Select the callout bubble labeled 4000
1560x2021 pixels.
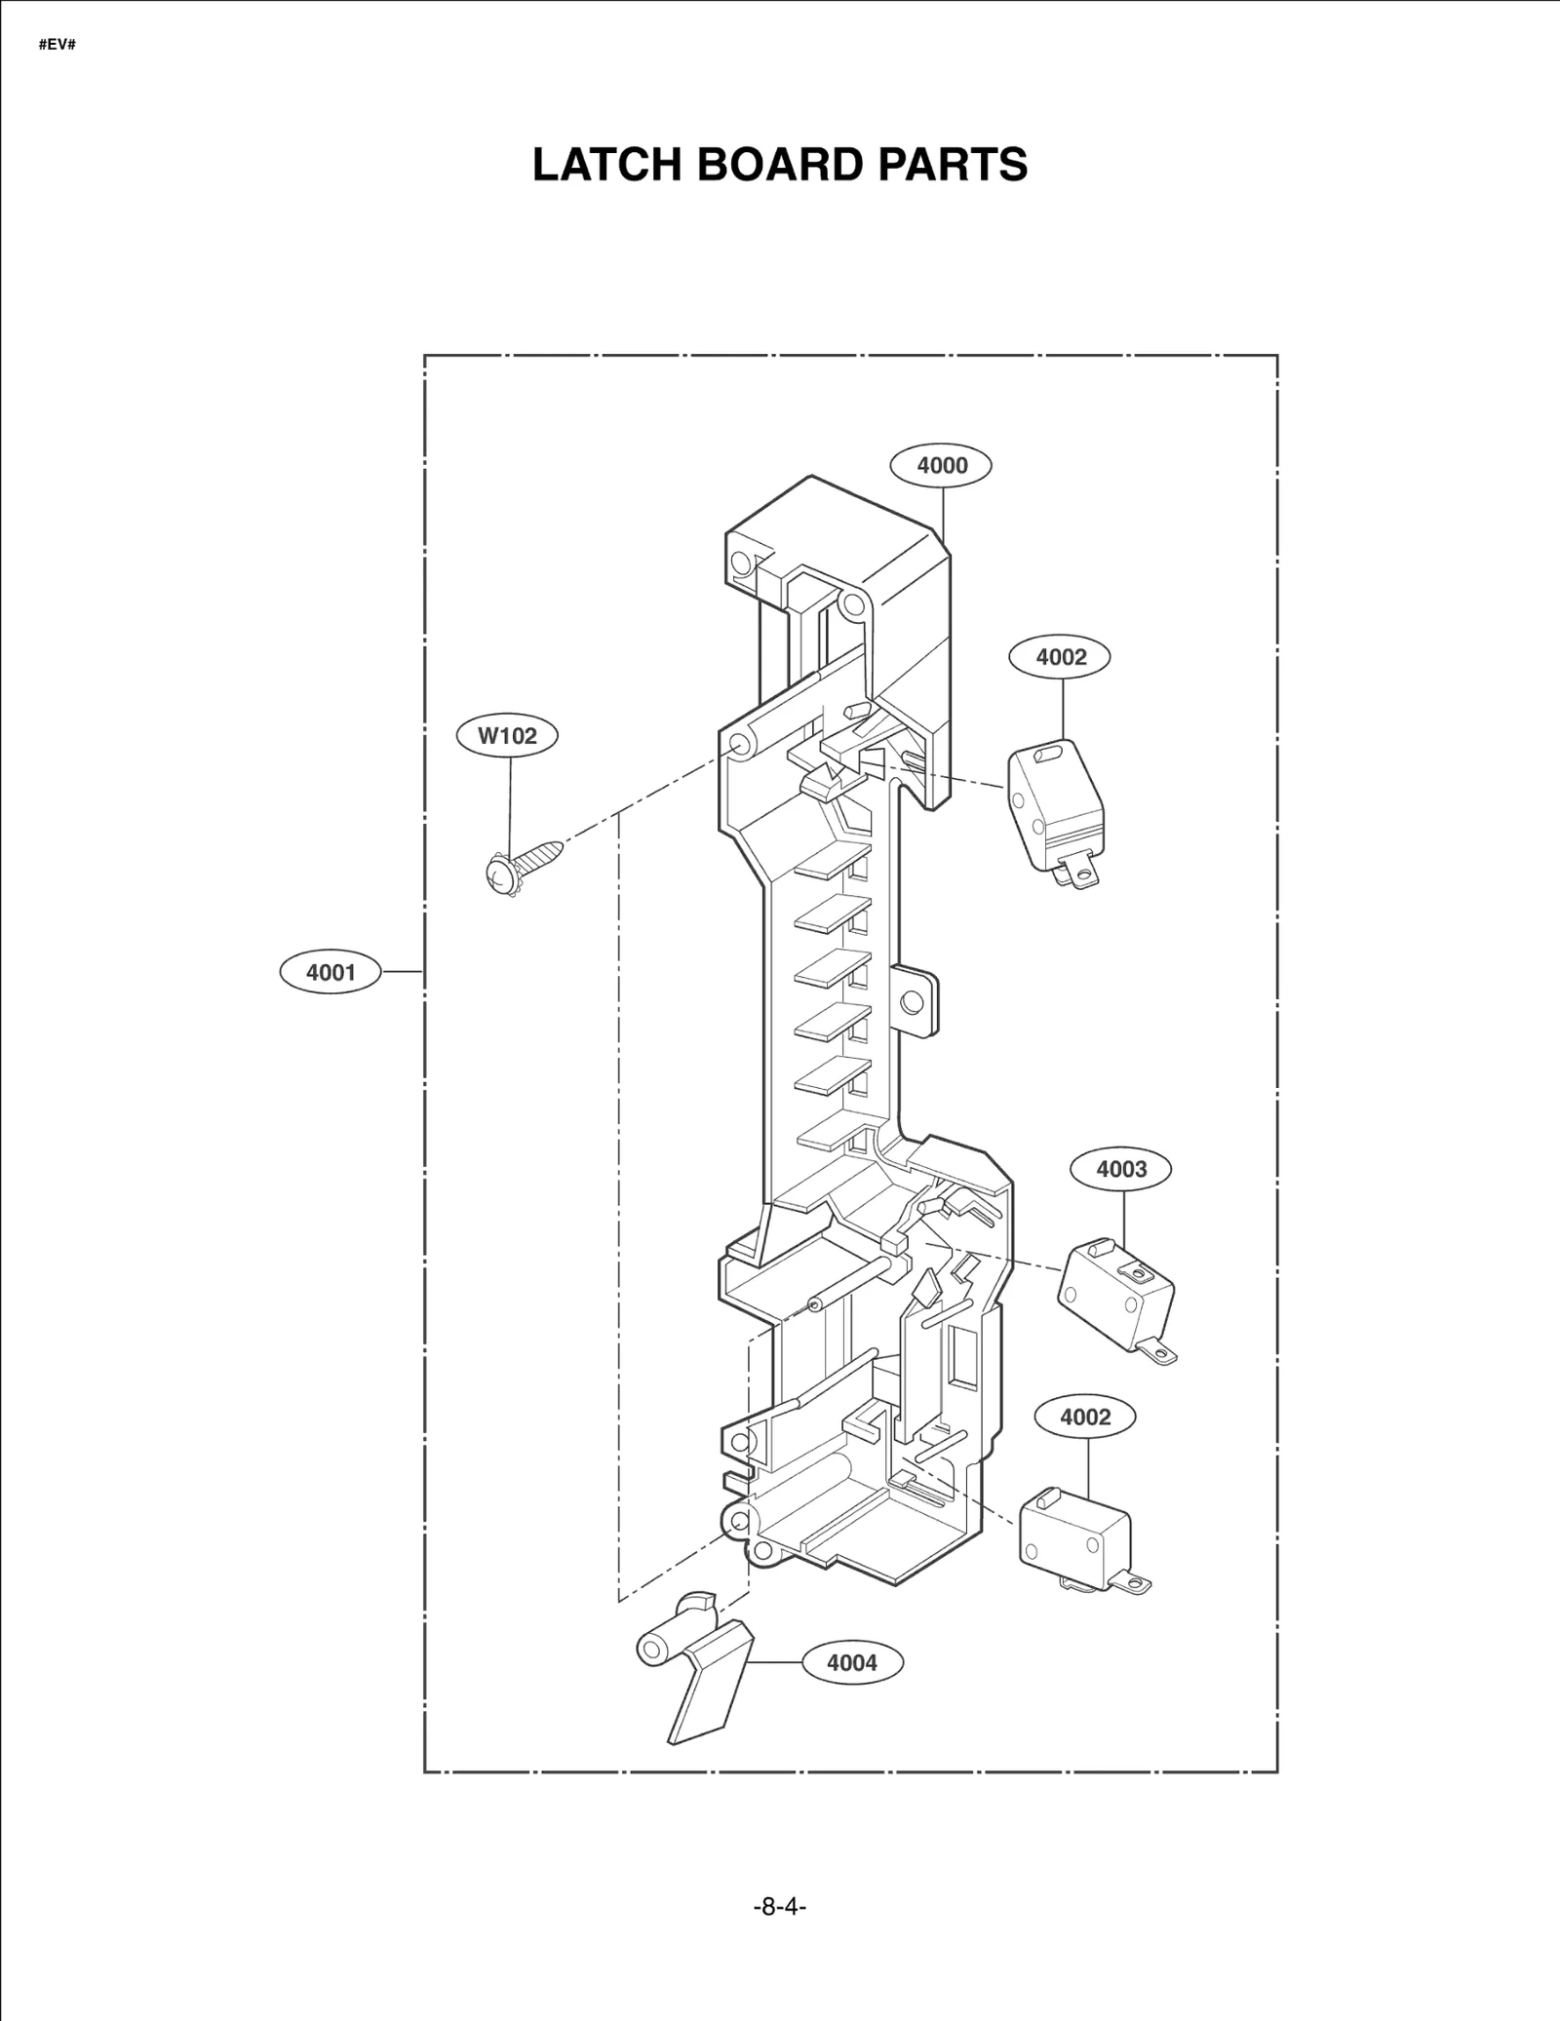coord(941,465)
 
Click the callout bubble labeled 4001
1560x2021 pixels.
coord(331,972)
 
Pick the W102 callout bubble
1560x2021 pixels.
coord(507,735)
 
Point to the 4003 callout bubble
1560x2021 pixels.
coord(1121,1169)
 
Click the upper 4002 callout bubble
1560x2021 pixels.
coord(1061,657)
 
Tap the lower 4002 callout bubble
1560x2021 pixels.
coord(1085,1417)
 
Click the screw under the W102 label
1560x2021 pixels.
coord(521,864)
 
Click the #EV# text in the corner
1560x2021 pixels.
coord(57,46)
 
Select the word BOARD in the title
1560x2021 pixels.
coord(783,165)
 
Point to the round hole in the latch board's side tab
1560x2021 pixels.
coord(913,1001)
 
